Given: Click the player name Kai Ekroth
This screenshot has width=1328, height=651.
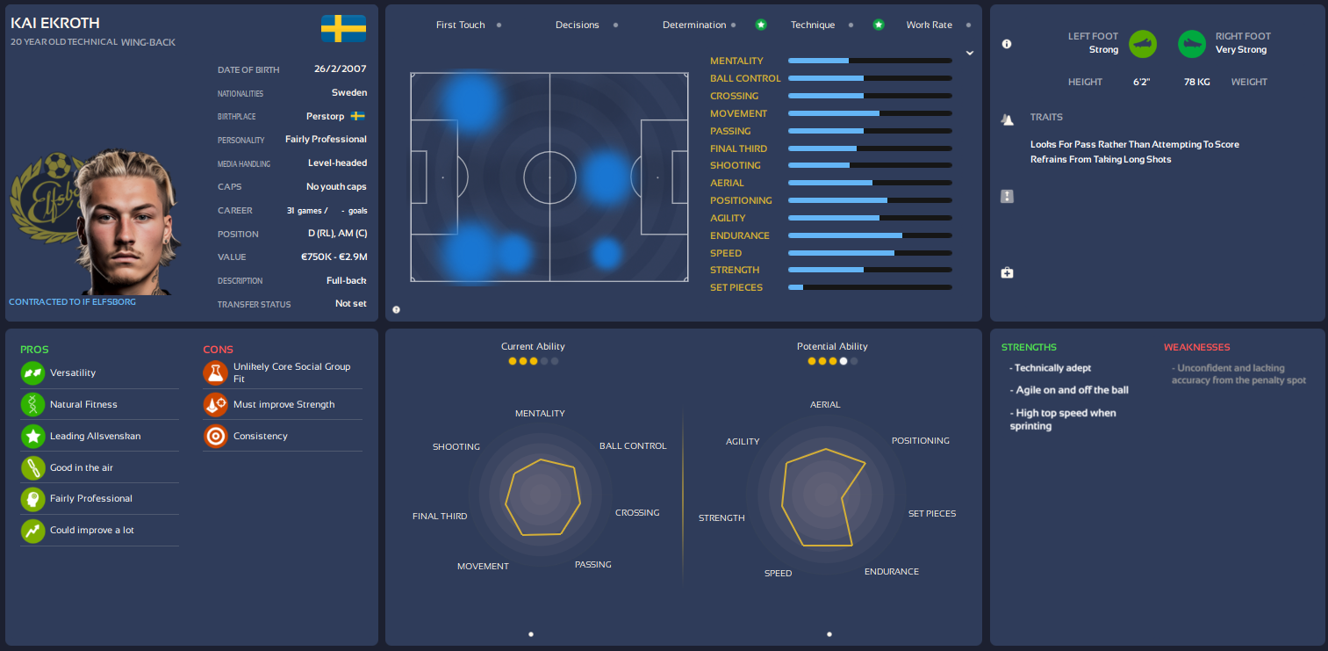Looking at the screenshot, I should [x=55, y=23].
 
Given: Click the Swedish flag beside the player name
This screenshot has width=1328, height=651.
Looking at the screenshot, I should [x=343, y=28].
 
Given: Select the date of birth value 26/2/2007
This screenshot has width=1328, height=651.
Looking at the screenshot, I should [x=340, y=69].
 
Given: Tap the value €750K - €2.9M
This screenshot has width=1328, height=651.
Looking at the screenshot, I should [x=334, y=257].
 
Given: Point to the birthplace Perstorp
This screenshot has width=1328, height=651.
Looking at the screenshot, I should [x=325, y=116].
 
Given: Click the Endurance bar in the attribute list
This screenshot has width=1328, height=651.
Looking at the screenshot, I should [x=869, y=235].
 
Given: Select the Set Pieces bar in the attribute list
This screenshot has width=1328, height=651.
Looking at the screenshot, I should [x=869, y=287].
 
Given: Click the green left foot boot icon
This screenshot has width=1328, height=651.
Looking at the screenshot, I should [x=1143, y=43].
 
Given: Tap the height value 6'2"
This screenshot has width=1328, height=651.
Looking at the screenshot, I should [x=1141, y=82].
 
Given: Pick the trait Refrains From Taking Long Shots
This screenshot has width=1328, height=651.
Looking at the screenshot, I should [x=1101, y=159].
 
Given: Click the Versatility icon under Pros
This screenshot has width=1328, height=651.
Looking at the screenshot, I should [x=33, y=373].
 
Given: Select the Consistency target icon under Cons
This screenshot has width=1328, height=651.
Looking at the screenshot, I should [x=215, y=436].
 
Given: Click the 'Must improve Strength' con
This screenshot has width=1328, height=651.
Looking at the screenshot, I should [x=284, y=404].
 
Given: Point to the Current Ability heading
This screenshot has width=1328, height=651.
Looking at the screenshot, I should [x=533, y=346].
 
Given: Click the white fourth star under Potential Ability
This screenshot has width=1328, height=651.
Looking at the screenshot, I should [x=843, y=361].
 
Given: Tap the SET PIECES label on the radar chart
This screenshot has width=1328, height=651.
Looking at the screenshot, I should [x=931, y=513].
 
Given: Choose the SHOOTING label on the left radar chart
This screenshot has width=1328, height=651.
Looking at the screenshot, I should [x=456, y=446].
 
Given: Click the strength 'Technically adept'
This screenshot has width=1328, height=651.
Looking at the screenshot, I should [x=1053, y=368].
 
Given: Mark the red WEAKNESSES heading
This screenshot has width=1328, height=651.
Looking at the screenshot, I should [x=1196, y=347].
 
